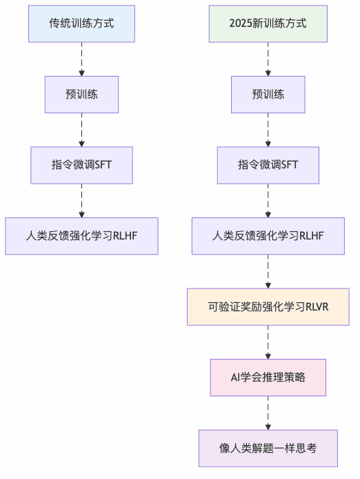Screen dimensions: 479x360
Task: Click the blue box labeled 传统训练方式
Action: coord(81,23)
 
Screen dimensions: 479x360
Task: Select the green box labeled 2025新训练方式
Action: coord(268,23)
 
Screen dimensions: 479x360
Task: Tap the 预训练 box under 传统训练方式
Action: coord(81,95)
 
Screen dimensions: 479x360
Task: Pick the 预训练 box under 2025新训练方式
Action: coord(268,95)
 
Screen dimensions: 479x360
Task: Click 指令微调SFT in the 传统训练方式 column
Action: coord(81,165)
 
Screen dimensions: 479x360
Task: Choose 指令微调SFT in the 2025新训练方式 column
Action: coord(268,165)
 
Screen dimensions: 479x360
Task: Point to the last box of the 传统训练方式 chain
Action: coord(81,236)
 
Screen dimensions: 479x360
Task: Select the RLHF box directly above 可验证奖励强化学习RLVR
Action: coord(268,236)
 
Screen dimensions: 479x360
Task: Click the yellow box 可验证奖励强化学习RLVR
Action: coord(268,307)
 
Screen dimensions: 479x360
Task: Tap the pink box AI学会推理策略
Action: coord(268,378)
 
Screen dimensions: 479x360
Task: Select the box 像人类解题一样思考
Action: coord(268,449)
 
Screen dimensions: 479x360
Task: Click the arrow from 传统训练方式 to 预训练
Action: coord(81,59)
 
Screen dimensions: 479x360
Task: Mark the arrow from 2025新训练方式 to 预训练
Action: coord(268,59)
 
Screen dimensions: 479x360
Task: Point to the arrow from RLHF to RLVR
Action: coord(268,271)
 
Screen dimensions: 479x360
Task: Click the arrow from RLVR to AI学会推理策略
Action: coord(268,342)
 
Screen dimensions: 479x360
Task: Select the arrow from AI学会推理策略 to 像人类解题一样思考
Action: coord(268,413)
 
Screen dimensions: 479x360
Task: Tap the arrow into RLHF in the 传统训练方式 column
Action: coord(81,200)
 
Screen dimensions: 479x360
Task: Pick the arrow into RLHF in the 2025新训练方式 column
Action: coord(268,200)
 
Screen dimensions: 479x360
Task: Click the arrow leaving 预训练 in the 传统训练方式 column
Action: coord(81,130)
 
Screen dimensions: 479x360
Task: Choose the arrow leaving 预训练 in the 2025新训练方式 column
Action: coord(268,130)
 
